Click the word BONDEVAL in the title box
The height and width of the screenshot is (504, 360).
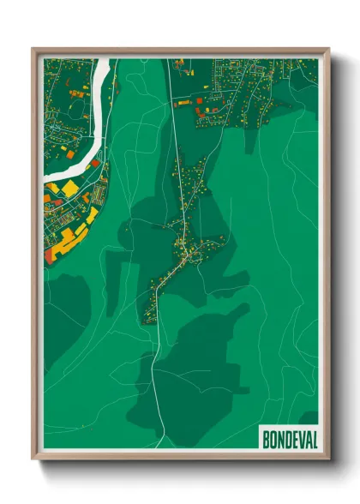pyautogui.click(x=287, y=438)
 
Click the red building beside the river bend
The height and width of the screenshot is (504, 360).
pyautogui.click(x=96, y=163)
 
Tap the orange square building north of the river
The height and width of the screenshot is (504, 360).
pyautogui.click(x=75, y=93)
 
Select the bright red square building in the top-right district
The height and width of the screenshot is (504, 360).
pyautogui.click(x=200, y=100)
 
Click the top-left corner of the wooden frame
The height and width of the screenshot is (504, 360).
pyautogui.click(x=33, y=49)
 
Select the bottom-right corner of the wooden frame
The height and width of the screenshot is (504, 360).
pyautogui.click(x=328, y=459)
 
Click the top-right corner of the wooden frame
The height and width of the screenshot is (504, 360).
pyautogui.click(x=328, y=49)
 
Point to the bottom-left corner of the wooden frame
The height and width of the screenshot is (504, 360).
pyautogui.click(x=33, y=459)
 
